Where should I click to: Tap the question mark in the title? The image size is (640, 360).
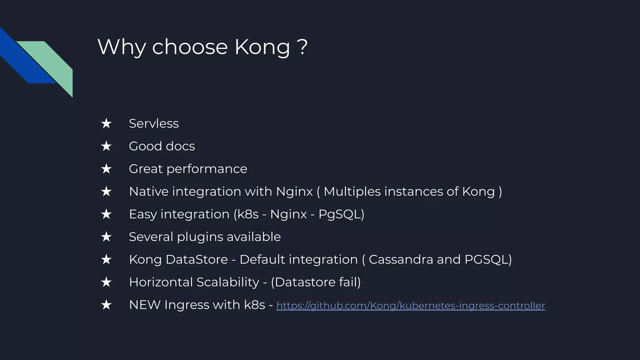tap(303, 47)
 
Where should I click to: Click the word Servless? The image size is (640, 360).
tap(154, 123)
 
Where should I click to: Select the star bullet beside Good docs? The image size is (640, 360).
tap(106, 146)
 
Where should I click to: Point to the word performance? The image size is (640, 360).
tap(207, 169)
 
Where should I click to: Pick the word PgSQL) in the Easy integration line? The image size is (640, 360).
tap(341, 214)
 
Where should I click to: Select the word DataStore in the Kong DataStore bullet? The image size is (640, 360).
tap(197, 260)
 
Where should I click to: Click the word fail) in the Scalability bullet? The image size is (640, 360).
tap(350, 282)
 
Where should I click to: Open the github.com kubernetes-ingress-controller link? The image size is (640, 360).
tap(410, 306)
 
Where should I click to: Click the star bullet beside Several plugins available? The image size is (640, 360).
tap(106, 237)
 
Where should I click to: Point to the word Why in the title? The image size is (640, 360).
tap(122, 47)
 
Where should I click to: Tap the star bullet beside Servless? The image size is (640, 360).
tap(106, 123)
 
